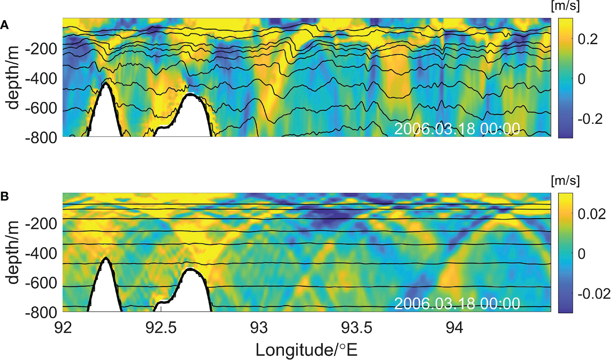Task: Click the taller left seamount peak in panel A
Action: tap(105, 86)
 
